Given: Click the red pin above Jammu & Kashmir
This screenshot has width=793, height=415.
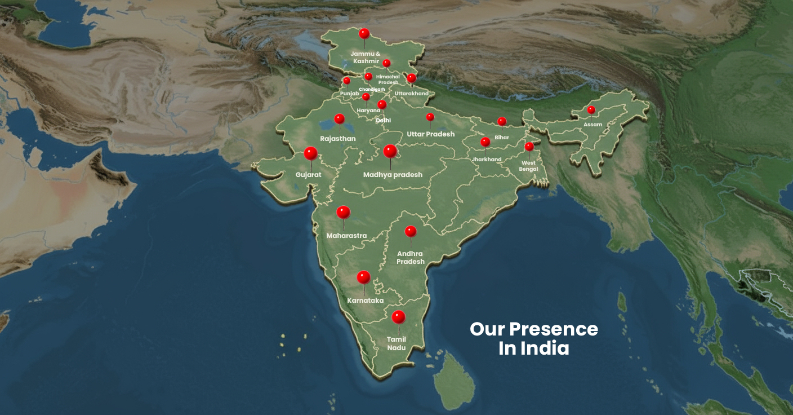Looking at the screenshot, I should pos(364,34).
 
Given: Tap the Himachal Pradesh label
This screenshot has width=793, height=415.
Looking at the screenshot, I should pos(387,80).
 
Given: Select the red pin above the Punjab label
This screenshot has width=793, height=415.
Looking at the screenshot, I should pos(346,81).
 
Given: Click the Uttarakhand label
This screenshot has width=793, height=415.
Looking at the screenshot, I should pos(411,93).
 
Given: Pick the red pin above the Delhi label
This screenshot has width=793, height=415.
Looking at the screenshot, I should pos(382,104).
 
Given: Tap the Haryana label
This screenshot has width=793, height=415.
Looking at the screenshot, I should pos(368,111).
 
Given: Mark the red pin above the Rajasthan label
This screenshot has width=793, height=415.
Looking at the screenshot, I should pos(339,119).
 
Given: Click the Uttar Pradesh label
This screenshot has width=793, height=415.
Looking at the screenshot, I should pos(430,134).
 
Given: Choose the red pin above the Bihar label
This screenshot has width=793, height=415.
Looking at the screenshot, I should pos(502,121).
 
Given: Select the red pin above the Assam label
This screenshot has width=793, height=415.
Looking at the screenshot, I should pos(591,110).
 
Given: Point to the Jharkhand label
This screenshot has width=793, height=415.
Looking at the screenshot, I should pos(487,160).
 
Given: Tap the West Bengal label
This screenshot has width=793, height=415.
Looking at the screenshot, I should pos(528,166).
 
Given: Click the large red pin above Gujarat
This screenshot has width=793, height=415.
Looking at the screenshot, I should pos(310,153).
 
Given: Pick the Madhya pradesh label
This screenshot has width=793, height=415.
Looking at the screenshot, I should pos(393,175).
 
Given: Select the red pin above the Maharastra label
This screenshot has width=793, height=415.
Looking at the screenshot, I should pos(343,213).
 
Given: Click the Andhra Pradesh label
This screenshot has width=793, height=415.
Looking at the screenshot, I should pos(410,257).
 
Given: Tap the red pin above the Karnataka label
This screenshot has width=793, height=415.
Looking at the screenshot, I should pos(364,277).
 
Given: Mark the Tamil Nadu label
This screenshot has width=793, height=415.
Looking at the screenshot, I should pos(396,343).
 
